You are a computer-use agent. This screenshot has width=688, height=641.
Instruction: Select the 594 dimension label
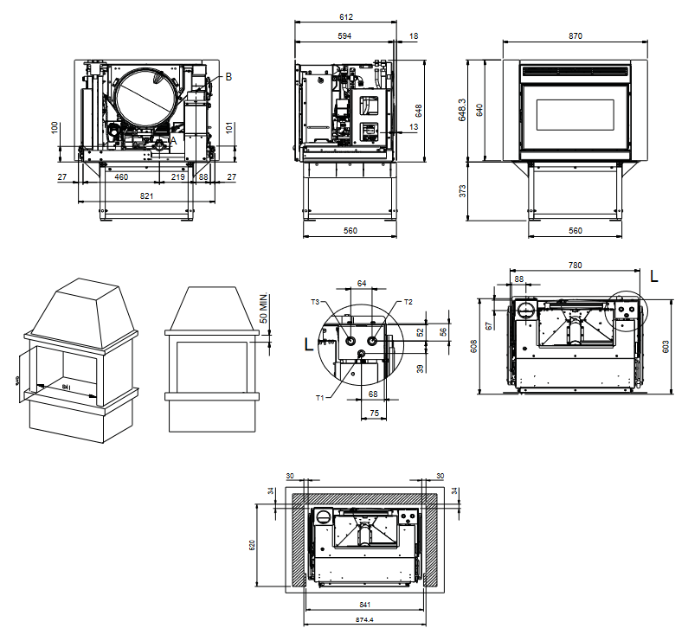(344, 36)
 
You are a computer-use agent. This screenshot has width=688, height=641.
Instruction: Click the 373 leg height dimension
(461, 189)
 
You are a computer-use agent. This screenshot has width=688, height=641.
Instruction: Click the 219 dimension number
(177, 177)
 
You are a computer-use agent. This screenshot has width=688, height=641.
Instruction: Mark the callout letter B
(228, 77)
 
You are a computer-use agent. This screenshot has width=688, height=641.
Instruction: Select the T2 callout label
(408, 302)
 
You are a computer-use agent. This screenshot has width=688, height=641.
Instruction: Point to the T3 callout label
(316, 302)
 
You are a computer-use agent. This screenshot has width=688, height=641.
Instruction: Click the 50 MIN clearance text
(264, 308)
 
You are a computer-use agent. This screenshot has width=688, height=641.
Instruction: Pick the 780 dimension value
(575, 265)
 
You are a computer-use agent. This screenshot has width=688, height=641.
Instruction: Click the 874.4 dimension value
(363, 620)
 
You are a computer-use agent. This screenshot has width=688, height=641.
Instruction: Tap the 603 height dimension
(665, 346)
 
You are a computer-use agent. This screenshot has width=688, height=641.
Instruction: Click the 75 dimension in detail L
(374, 413)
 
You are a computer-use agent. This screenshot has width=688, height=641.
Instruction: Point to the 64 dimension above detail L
(362, 283)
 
